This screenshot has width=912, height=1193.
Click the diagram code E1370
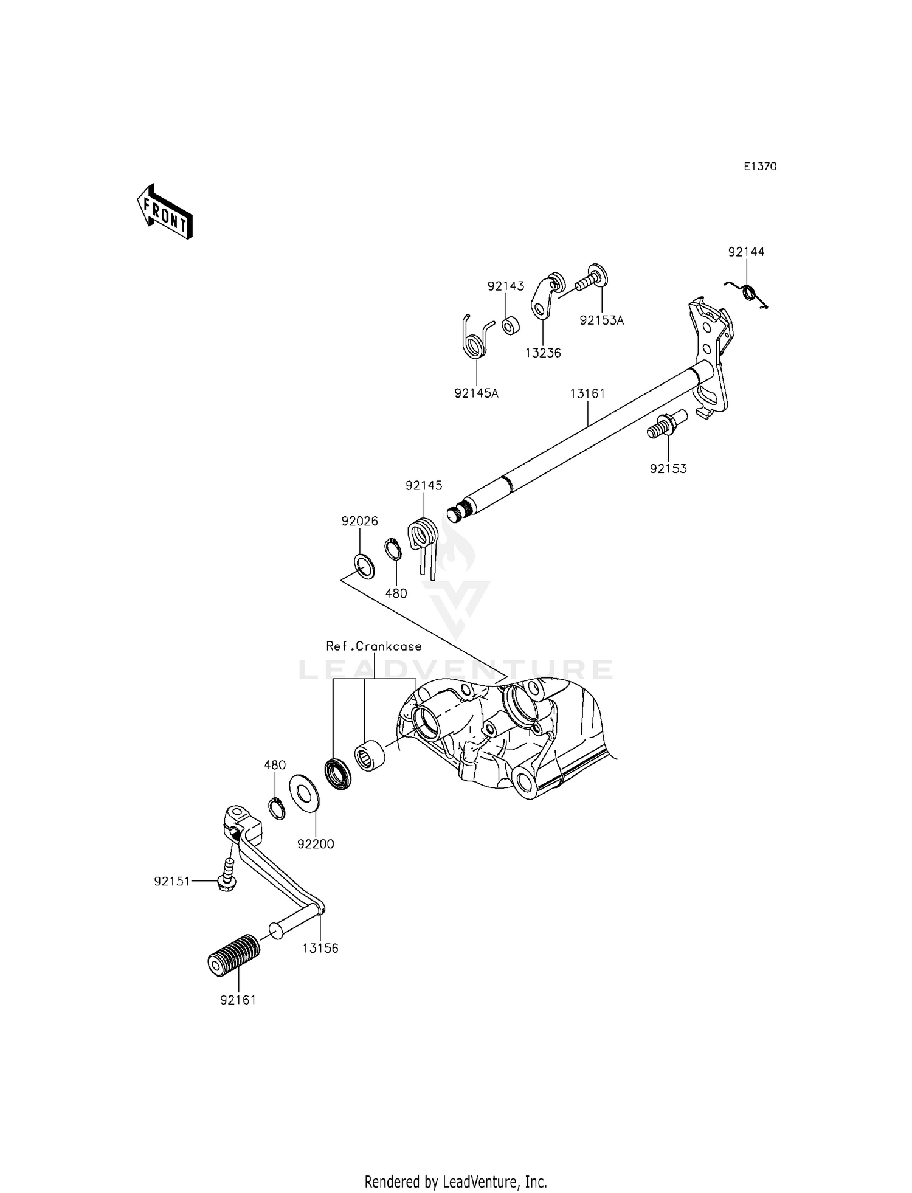(x=760, y=167)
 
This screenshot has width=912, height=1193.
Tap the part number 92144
(x=746, y=252)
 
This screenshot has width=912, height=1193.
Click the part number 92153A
(x=601, y=320)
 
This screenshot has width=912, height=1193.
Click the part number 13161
(x=587, y=393)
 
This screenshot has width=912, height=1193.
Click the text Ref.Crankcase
(x=373, y=646)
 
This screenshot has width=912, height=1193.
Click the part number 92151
(x=172, y=881)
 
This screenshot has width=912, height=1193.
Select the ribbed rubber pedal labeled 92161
(x=233, y=956)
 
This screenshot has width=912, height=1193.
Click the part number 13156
(x=320, y=948)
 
